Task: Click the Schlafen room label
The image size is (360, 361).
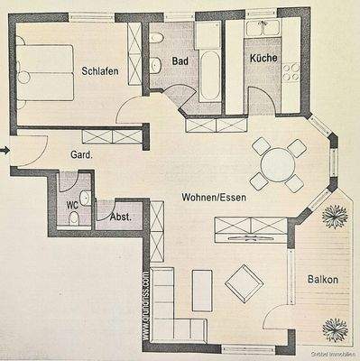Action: pyautogui.click(x=100, y=71)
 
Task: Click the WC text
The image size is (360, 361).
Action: pyautogui.click(x=72, y=204)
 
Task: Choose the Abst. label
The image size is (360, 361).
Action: pyautogui.click(x=120, y=217)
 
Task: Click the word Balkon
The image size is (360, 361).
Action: pyautogui.click(x=321, y=280)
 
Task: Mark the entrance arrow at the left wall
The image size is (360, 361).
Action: pyautogui.click(x=5, y=150)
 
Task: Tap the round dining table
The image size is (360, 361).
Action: pyautogui.click(x=278, y=164)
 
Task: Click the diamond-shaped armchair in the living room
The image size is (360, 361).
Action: pyautogui.click(x=244, y=283)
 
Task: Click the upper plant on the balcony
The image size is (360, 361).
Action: pyautogui.click(x=335, y=216)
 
